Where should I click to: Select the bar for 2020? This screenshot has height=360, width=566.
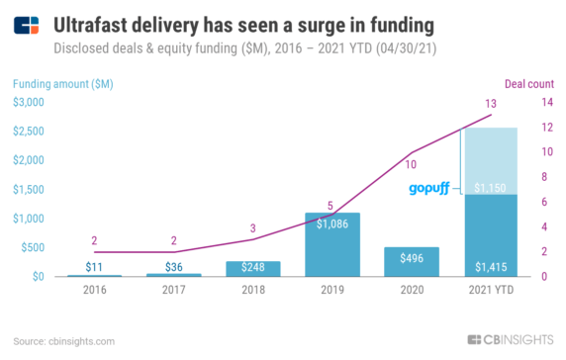click(x=411, y=262)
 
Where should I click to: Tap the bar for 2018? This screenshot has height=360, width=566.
click(x=252, y=269)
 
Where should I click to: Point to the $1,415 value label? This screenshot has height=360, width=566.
click(x=490, y=266)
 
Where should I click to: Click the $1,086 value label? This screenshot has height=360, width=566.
click(x=331, y=225)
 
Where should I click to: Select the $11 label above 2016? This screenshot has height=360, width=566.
click(x=94, y=266)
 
